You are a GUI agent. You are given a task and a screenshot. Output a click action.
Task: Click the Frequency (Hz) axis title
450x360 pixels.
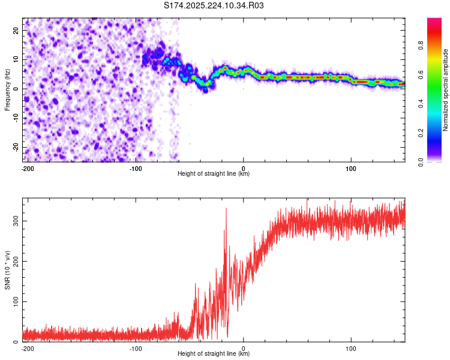[x=7, y=89]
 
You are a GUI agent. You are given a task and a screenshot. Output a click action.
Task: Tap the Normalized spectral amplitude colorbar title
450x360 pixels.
[x=446, y=90]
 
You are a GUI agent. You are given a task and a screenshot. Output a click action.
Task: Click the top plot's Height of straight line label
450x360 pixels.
[x=214, y=174]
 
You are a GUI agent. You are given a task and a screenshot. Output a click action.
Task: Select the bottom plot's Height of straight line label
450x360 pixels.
[x=214, y=354]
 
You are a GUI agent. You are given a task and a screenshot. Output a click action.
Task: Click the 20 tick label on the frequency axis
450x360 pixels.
[x=17, y=30]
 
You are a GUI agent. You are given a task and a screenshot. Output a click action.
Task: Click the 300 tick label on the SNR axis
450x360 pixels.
[x=14, y=221]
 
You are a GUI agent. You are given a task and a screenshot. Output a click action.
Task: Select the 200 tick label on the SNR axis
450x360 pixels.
[x=14, y=261]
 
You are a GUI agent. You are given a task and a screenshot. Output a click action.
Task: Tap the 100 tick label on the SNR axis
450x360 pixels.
[x=14, y=301]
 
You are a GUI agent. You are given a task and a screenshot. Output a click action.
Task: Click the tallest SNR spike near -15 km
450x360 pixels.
[x=226, y=209]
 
